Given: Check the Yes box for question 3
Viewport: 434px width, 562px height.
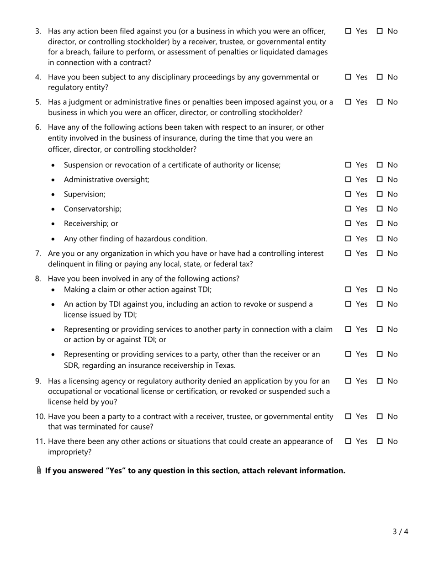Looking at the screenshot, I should point(348,31).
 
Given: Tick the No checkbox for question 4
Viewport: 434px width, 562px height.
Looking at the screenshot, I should point(380,77).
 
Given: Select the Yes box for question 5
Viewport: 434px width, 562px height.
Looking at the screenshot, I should point(348,102).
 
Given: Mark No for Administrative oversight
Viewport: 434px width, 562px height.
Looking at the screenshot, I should point(380,180).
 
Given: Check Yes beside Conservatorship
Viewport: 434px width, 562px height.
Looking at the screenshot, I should point(348,209).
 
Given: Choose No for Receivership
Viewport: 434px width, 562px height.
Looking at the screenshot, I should point(380,223).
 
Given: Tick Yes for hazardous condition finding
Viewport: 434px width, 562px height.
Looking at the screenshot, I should point(348,239).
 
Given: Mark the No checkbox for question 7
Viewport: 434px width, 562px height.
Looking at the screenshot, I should point(380,253).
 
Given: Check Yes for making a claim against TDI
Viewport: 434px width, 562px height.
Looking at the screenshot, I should point(348,289).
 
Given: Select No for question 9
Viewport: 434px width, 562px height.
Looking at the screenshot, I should point(380,381).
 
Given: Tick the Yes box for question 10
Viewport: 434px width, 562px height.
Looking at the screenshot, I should point(348,416).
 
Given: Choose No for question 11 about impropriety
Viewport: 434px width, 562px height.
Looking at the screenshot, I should point(380,441).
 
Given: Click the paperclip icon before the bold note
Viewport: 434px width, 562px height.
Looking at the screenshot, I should point(39,471).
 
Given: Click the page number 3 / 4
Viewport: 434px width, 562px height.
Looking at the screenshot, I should point(400,531).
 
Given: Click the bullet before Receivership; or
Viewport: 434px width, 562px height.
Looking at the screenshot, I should point(53,224).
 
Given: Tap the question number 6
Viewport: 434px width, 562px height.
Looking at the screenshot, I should point(38,127).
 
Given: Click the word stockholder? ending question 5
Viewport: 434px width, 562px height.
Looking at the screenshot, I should point(280,112).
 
